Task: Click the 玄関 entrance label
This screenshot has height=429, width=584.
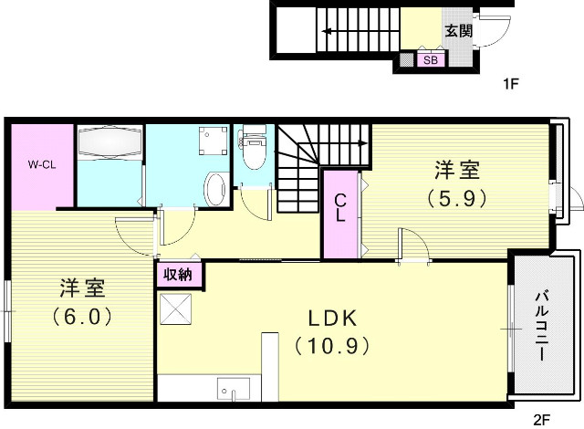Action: pyautogui.click(x=458, y=30)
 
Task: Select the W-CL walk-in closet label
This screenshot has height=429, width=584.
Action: pyautogui.click(x=41, y=165)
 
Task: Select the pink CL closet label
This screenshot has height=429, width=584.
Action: pyautogui.click(x=339, y=209)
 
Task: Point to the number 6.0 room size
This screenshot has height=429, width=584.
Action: pyautogui.click(x=81, y=317)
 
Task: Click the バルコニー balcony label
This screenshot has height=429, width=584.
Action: pyautogui.click(x=542, y=326)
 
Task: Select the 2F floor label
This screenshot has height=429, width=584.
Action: pyautogui.click(x=542, y=420)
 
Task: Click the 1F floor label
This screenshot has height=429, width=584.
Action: pyautogui.click(x=510, y=84)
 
